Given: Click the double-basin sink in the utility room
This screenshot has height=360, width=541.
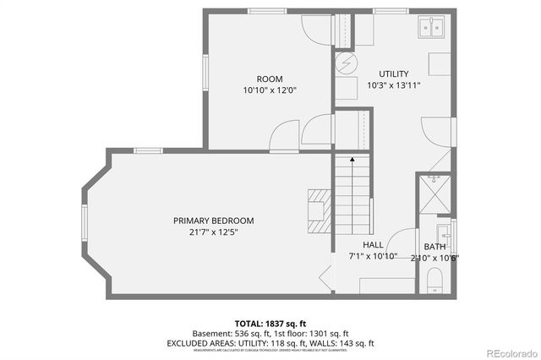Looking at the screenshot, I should click(x=432, y=28).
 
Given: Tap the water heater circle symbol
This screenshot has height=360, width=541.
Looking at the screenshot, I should click(x=345, y=63).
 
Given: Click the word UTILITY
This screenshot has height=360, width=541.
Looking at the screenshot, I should click(x=393, y=74).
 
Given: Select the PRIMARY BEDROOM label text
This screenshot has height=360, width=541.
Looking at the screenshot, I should click(x=213, y=221).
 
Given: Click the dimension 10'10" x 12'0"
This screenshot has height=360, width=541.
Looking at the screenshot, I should click(x=270, y=90).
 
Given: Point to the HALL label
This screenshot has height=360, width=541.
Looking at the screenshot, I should click(x=373, y=244).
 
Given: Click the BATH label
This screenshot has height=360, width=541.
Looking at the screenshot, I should click(x=434, y=248).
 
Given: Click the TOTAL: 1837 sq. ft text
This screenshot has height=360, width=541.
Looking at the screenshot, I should click(x=270, y=324).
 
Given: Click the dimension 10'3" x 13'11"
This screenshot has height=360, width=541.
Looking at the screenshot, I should click(x=393, y=85).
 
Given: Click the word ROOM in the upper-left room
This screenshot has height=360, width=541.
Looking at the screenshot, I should click(x=270, y=79).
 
